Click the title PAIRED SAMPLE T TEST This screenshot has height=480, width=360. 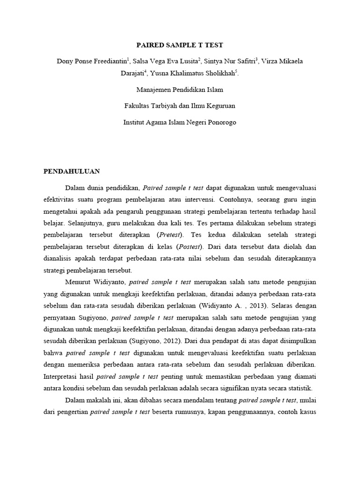pyautogui.click(x=180, y=45)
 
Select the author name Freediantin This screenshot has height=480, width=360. pyautogui.click(x=111, y=61)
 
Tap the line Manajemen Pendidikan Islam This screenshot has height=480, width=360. pyautogui.click(x=180, y=90)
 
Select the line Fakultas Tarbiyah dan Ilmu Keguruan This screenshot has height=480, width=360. pyautogui.click(x=180, y=106)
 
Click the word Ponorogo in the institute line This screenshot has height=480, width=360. pyautogui.click(x=220, y=122)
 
